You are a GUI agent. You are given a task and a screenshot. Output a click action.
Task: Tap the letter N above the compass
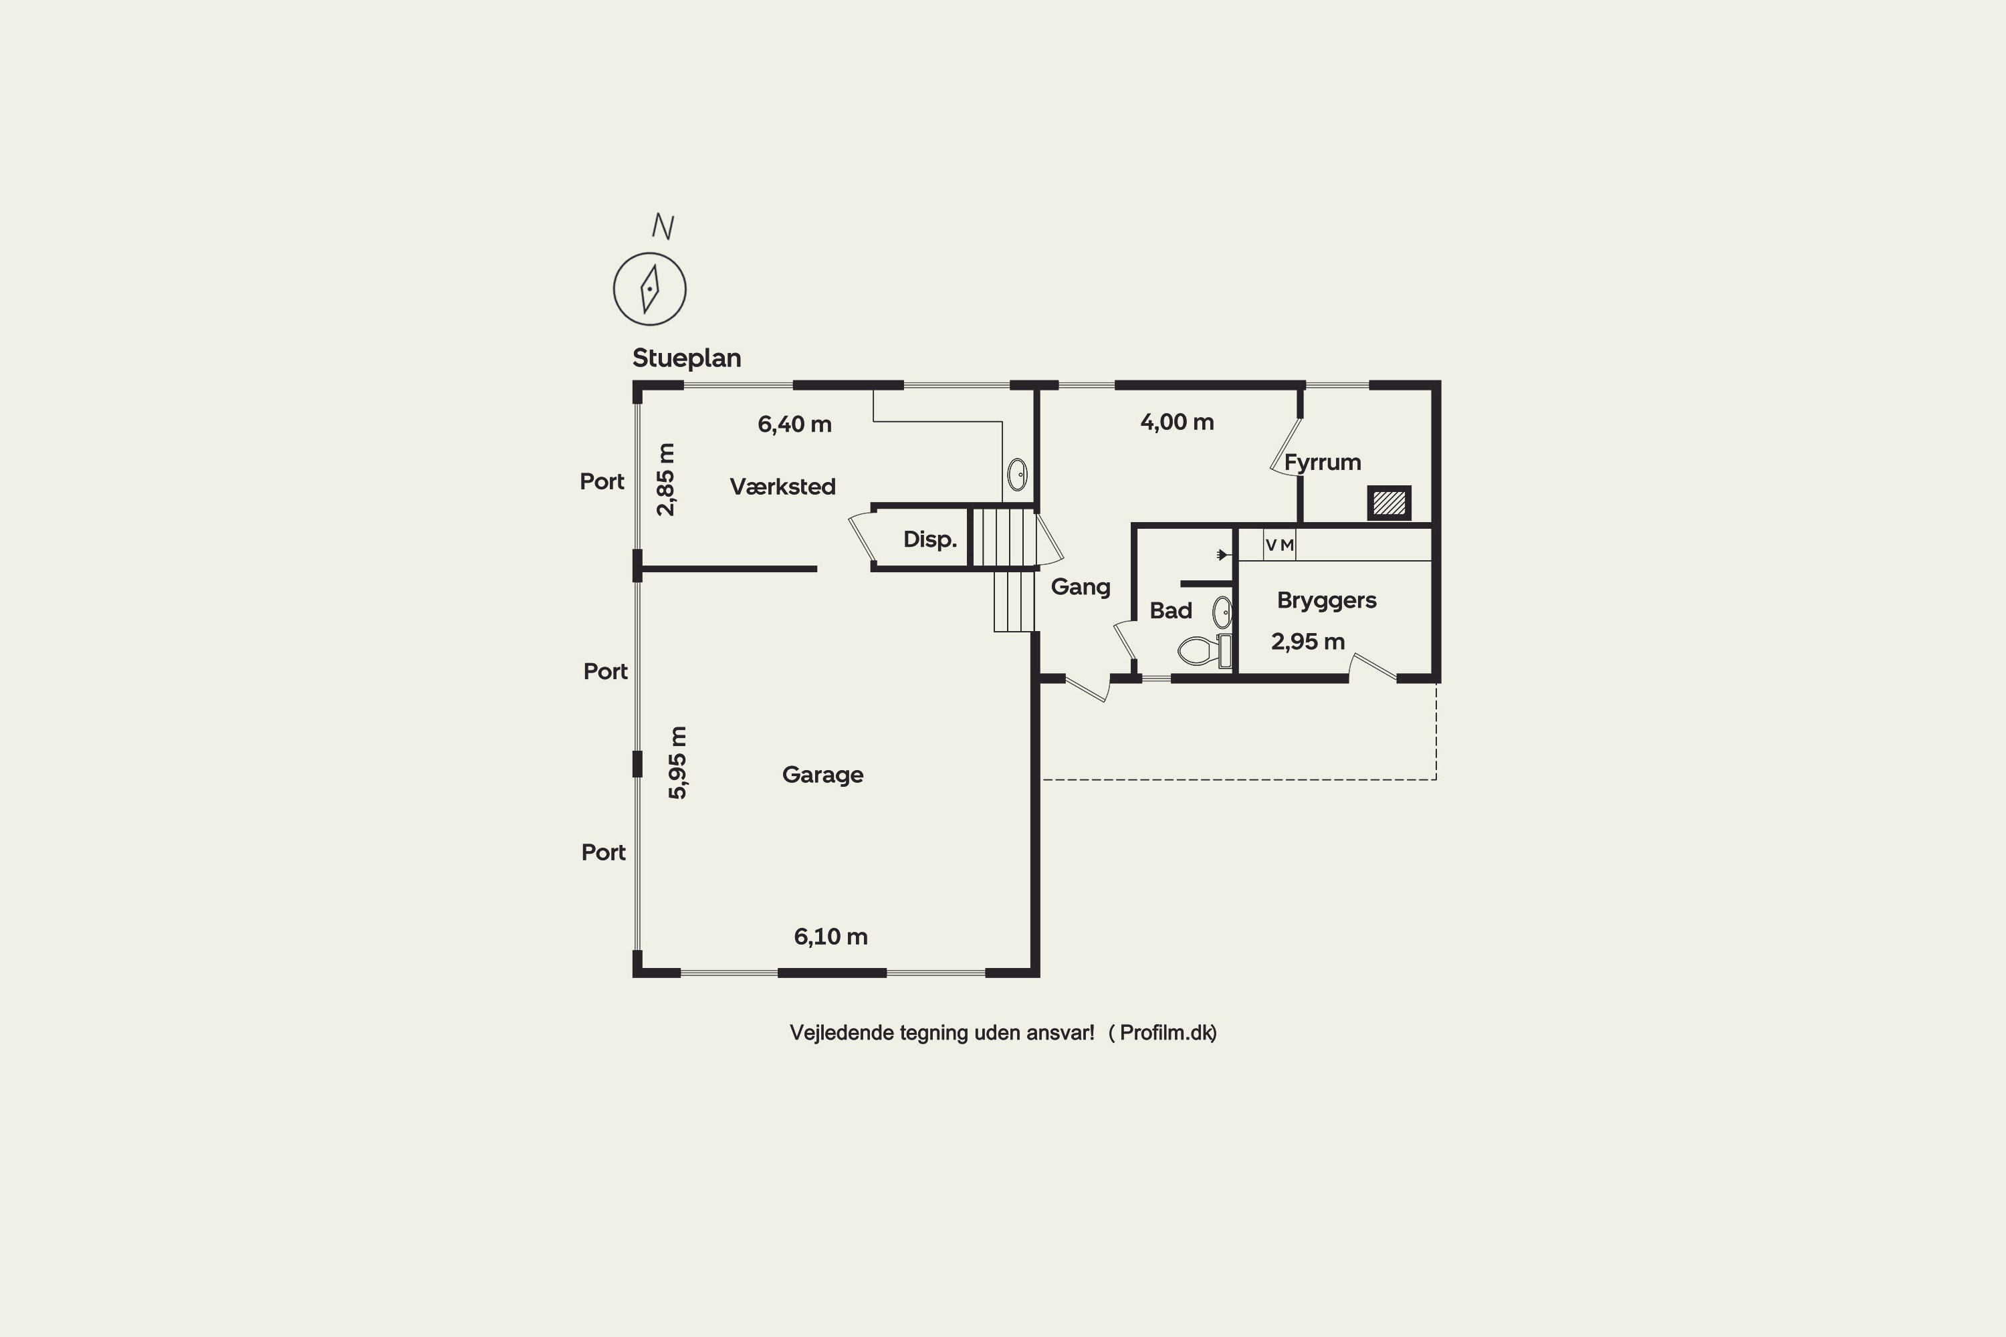663,226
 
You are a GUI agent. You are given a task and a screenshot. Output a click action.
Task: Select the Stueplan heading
687,358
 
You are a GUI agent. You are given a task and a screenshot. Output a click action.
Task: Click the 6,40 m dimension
794,424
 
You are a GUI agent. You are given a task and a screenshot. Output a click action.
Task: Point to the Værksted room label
783,487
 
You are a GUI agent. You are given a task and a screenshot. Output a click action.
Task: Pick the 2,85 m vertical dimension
665,479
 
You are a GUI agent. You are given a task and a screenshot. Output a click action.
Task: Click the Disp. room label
929,539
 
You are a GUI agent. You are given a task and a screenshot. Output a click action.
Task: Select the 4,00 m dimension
1177,422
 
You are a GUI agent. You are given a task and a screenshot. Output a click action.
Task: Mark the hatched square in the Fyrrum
1389,503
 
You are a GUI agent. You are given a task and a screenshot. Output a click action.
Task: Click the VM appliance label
1279,545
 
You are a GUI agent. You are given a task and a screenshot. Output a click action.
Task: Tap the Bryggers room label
1326,601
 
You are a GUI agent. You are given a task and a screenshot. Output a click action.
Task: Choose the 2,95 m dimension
1307,641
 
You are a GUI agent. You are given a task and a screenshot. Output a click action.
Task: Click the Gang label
1081,588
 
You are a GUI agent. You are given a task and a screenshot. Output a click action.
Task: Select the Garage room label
823,775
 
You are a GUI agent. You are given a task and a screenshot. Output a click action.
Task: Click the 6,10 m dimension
830,937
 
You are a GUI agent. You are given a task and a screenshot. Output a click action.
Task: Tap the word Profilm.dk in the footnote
1166,1033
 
